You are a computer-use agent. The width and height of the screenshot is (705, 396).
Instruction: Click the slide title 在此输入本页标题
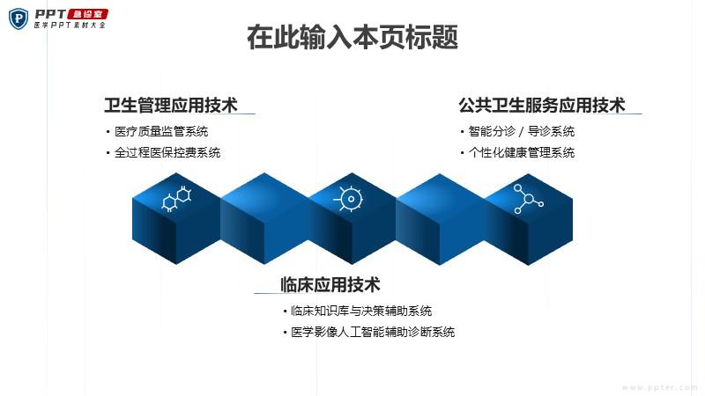pos(352,37)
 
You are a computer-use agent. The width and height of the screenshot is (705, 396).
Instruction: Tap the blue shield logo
pos(19,18)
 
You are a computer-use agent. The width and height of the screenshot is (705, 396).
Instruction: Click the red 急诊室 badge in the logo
pos(87,14)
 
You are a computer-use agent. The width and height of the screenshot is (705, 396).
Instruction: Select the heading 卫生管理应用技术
pos(171,105)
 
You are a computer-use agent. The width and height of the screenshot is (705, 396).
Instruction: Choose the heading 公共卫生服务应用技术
pos(542,105)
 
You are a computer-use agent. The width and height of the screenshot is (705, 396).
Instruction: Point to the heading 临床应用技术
pos(330,284)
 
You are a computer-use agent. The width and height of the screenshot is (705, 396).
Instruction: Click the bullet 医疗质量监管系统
pos(161,131)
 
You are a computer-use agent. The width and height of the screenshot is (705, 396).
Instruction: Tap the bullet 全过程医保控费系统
pos(167,152)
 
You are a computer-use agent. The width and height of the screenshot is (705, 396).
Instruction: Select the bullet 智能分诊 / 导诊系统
pos(522,131)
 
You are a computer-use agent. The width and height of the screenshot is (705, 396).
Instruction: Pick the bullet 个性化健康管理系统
pos(522,152)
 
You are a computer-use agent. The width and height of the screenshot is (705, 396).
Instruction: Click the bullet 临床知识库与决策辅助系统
pos(361,311)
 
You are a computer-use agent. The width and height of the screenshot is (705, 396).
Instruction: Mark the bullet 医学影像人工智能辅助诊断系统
pos(373,332)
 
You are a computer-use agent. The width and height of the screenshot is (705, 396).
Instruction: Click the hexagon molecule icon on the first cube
pos(177,198)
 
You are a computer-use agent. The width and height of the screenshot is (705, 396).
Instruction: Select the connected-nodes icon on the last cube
pos(528,199)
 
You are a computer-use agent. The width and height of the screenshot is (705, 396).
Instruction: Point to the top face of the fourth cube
pos(440,195)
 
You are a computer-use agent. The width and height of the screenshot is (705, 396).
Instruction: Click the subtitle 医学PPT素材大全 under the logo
pos(70,26)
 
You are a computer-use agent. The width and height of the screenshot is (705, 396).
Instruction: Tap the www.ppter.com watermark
pos(660,387)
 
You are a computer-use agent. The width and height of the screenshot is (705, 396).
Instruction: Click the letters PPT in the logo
pos(50,14)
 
